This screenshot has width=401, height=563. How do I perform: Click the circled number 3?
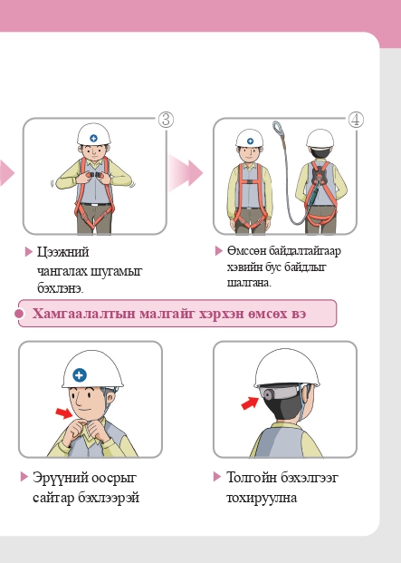point(166,119)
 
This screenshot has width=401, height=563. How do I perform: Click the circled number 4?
point(356,119)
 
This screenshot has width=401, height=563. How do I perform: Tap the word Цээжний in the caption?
point(62,252)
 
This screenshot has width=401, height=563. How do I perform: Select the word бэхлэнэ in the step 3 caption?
point(59,288)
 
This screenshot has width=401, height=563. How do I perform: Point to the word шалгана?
point(248,283)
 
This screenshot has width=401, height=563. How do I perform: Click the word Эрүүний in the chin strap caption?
point(61,478)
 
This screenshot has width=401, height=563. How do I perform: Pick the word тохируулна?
point(262,498)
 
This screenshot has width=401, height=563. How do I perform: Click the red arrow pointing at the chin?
point(64,413)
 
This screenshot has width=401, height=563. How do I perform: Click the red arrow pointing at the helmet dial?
point(250,403)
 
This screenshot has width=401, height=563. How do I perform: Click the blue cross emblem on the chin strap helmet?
point(80,375)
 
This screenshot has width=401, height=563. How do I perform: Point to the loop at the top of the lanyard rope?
point(278,128)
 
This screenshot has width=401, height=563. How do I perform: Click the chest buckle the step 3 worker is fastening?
point(95,175)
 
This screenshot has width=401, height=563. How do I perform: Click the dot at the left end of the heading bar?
point(19,314)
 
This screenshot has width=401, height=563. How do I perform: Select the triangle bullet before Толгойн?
point(217,477)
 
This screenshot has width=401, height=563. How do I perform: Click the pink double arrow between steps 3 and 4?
point(186,173)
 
